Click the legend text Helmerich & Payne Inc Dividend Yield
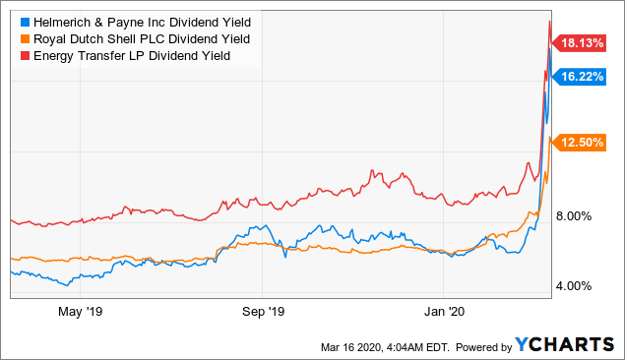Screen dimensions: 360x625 coord(139,21)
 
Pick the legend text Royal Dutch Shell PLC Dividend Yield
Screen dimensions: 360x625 coord(140,38)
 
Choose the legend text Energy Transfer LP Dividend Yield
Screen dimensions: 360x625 coord(130,56)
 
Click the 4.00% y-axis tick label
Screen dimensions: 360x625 coord(581,286)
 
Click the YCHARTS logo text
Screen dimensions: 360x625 coord(566,345)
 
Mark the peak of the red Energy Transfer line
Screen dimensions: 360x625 coord(548,21)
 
